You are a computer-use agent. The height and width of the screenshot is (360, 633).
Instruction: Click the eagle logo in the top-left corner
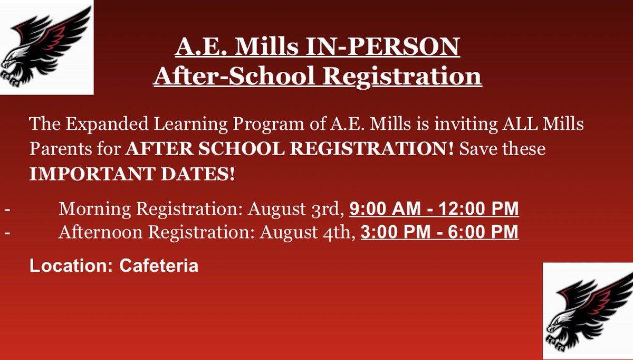pyautogui.click(x=46, y=46)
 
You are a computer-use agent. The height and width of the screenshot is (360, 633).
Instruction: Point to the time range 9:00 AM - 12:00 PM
pyautogui.click(x=434, y=210)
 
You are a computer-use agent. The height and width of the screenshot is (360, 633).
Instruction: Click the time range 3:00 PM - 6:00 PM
pyautogui.click(x=439, y=232)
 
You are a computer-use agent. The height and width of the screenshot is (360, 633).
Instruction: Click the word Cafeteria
pyautogui.click(x=159, y=265)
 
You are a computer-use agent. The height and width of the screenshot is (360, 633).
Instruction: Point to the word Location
pyautogui.click(x=68, y=265)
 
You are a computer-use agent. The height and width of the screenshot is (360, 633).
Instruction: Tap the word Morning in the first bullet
pyautogui.click(x=95, y=210)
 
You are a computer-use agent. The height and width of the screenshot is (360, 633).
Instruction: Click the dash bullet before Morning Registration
pyautogui.click(x=7, y=210)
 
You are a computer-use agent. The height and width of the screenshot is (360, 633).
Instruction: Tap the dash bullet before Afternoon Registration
pyautogui.click(x=7, y=232)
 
